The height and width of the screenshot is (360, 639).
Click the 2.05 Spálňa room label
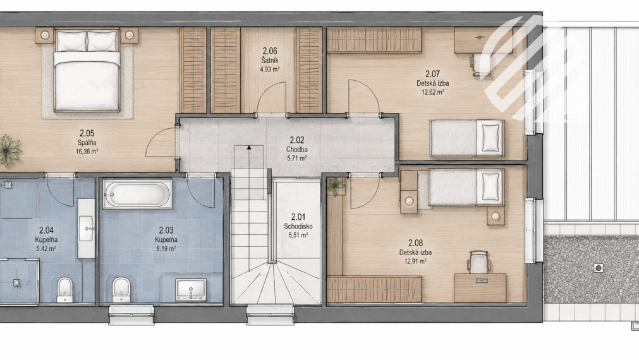coord(87,138)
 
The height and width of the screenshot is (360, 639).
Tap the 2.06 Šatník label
coord(269,56)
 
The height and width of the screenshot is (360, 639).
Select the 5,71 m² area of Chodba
coord(296,159)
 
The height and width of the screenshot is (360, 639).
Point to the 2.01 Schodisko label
coord(298,222)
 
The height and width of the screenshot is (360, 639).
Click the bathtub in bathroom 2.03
coord(137,194)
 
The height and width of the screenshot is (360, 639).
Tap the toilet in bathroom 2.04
coord(64,289)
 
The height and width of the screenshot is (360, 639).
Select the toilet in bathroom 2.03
coord(121,289)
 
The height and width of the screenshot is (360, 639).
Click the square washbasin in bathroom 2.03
coord(191,290)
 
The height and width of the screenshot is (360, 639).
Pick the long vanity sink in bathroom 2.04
coord(86,229)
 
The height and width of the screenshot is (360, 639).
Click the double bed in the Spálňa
coord(87,70)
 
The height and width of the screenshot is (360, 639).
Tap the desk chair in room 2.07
coord(483,64)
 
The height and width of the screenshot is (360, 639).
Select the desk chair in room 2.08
coord(478,262)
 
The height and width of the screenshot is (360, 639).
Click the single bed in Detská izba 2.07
coord(466,138)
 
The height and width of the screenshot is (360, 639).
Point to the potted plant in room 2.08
coord(336,186)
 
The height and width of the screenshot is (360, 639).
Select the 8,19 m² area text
coord(166,248)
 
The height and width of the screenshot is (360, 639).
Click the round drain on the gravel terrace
coord(598,268)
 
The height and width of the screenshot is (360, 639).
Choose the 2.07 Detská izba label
coord(433,78)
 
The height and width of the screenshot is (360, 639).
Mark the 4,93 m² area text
coord(269,69)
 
